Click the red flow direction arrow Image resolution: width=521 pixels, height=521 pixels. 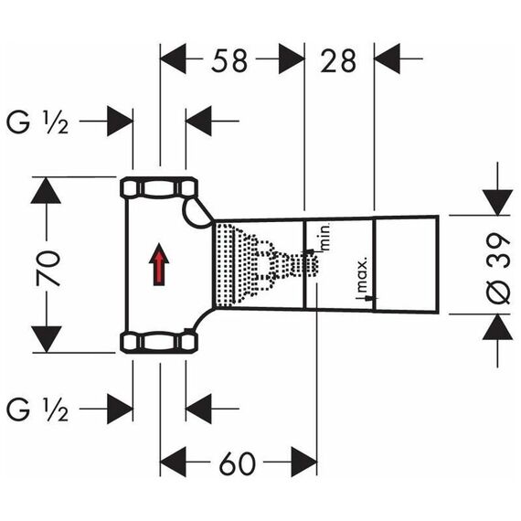pyautogui.click(x=159, y=264)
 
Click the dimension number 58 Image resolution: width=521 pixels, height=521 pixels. pyautogui.click(x=229, y=60)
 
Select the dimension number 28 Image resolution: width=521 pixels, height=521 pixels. pyautogui.click(x=338, y=60)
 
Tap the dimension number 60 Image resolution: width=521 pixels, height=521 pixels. pyautogui.click(x=238, y=463)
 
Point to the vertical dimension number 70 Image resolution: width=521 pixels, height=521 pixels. pyautogui.click(x=48, y=269)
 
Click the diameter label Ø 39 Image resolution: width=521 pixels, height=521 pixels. pyautogui.click(x=498, y=268)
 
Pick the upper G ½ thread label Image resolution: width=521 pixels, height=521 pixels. pyautogui.click(x=37, y=122)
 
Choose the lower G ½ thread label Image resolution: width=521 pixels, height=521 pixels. pyautogui.click(x=37, y=409)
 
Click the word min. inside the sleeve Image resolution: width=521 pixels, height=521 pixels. pyautogui.click(x=325, y=237)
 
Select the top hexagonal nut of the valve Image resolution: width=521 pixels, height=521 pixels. pyautogui.click(x=159, y=188)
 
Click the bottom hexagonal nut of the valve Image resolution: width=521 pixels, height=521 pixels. pyautogui.click(x=159, y=342)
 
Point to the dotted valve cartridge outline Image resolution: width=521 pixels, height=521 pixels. pyautogui.click(x=267, y=265)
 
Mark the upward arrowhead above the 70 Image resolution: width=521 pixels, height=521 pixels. pyautogui.click(x=46, y=190)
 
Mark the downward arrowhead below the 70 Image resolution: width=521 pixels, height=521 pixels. pyautogui.click(x=47, y=339)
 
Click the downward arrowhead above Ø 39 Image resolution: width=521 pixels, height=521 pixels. pyautogui.click(x=497, y=202)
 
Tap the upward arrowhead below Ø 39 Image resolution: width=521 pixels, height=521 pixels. pyautogui.click(x=497, y=327)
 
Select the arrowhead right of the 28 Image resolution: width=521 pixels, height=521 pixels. pyautogui.click(x=388, y=58)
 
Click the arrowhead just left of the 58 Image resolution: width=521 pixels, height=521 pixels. pyautogui.click(x=173, y=58)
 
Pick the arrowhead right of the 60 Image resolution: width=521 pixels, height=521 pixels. pyautogui.click(x=304, y=462)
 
